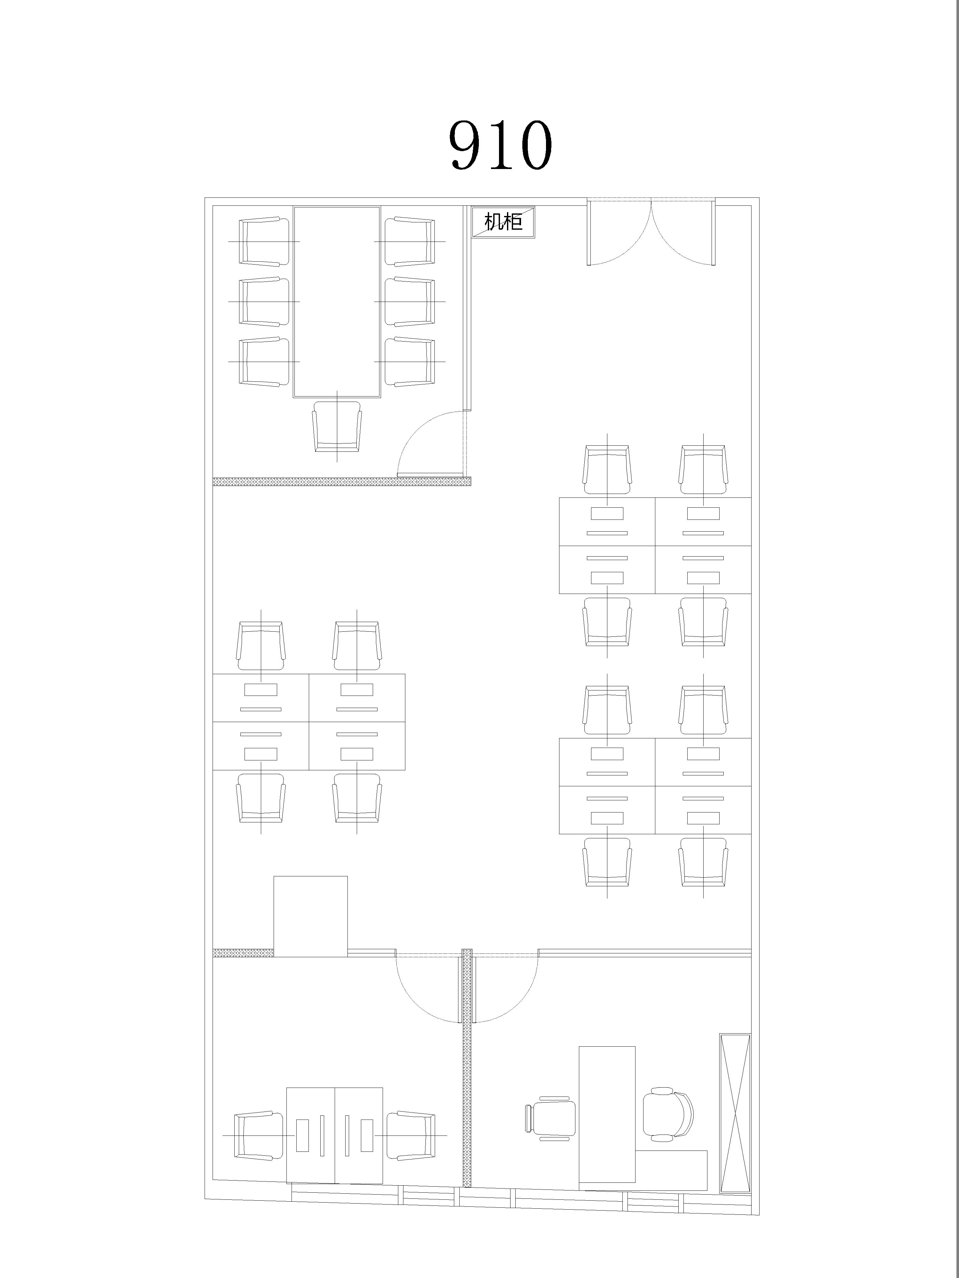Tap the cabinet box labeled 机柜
click(x=503, y=222)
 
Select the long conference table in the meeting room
click(x=337, y=302)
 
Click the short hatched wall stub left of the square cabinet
click(x=243, y=953)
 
